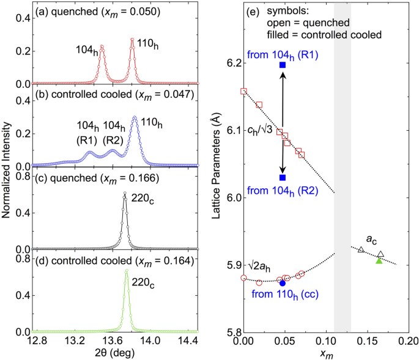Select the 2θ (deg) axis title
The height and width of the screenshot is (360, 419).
pyautogui.click(x=114, y=353)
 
